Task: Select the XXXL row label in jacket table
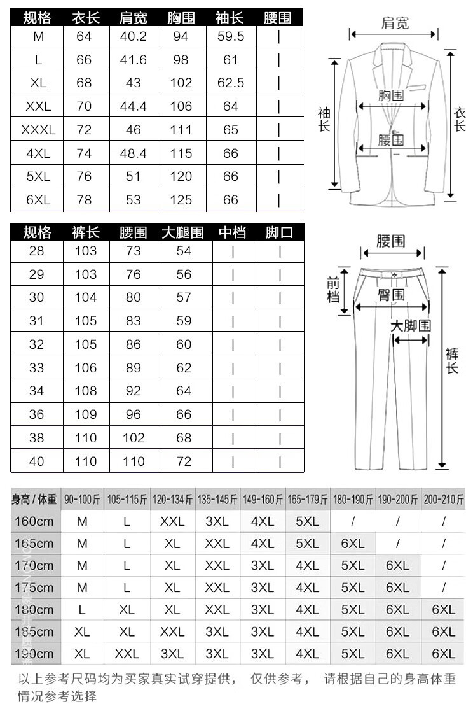[38, 130]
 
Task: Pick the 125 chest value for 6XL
[181, 200]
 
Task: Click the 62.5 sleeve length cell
[230, 83]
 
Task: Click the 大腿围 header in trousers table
[182, 232]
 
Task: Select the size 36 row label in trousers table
[37, 414]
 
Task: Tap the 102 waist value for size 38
[134, 438]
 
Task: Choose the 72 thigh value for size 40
[184, 461]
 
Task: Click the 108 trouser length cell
[85, 391]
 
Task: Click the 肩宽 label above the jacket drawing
[395, 24]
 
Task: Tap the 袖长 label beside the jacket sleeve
[324, 120]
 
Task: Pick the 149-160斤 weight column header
[263, 500]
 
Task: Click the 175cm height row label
[34, 588]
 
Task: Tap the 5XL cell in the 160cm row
[308, 522]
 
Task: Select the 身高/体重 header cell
[34, 500]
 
